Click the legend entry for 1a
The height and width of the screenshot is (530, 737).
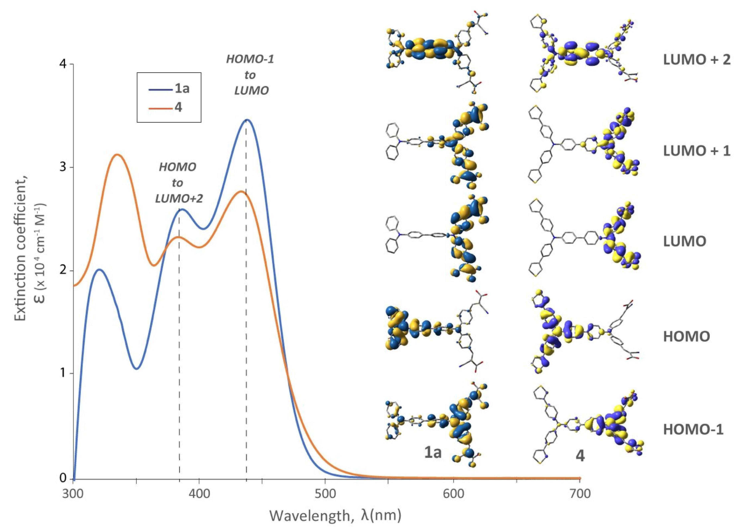tap(169, 88)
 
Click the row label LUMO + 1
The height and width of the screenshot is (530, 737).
tap(696, 151)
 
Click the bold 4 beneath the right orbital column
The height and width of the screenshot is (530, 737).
tap(580, 456)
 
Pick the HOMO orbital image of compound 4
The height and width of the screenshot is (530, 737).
tap(585, 331)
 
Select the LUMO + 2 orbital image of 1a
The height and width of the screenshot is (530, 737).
tap(435, 54)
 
